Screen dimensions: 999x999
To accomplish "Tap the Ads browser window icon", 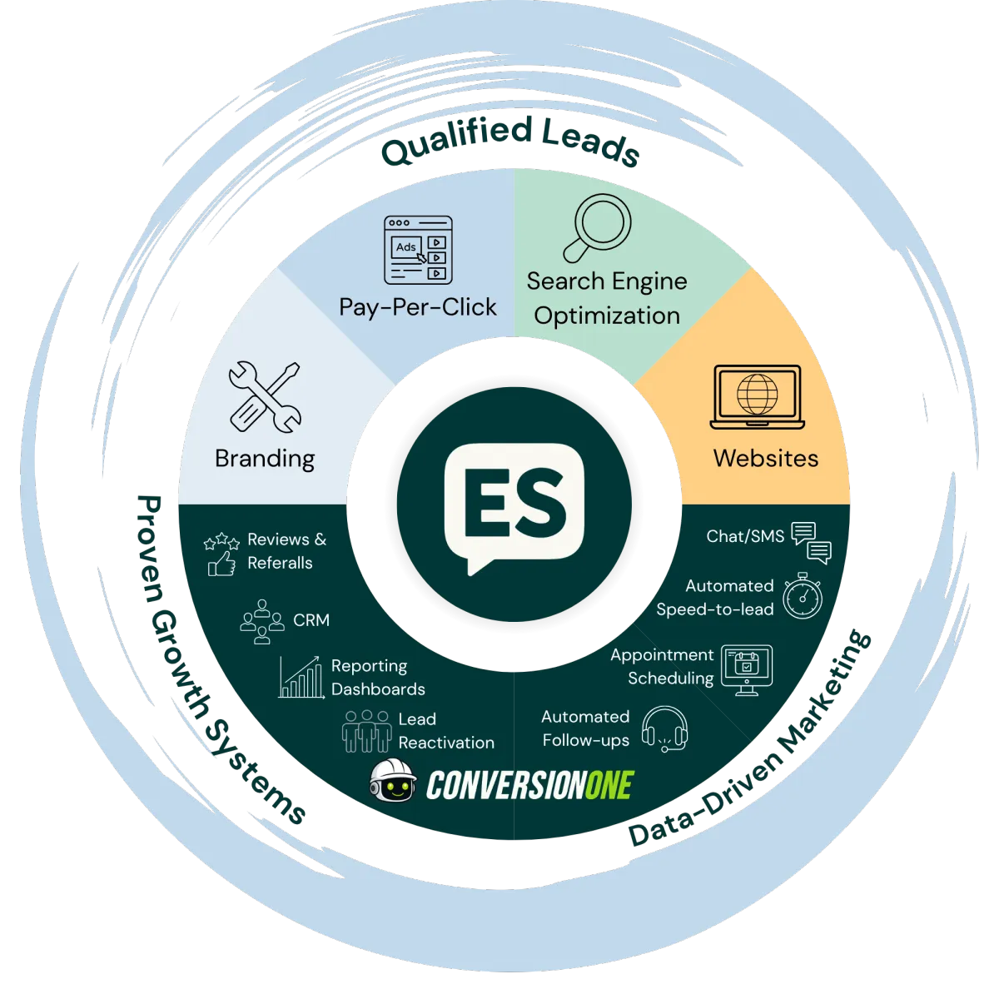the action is (x=418, y=250).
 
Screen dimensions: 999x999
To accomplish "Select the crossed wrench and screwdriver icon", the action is (x=265, y=396).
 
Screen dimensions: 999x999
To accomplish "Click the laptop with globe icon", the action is (x=757, y=396).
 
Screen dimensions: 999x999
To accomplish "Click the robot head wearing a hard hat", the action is (x=393, y=780).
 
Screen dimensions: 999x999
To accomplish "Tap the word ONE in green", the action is (x=609, y=785).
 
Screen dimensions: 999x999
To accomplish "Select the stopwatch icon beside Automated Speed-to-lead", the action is (x=802, y=596).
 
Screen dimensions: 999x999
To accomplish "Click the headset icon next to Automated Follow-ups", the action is (x=665, y=728).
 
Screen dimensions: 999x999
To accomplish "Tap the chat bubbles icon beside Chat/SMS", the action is (x=812, y=543).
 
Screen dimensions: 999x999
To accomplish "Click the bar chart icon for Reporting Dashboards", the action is (x=301, y=677).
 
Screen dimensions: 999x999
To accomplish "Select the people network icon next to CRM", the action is (x=261, y=622).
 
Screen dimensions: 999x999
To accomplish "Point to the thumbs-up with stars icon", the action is (x=221, y=554).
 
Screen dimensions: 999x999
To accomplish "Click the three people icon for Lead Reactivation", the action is (x=366, y=731).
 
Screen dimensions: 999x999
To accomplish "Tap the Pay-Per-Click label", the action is (x=417, y=307).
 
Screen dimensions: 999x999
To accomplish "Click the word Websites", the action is (x=766, y=458).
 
